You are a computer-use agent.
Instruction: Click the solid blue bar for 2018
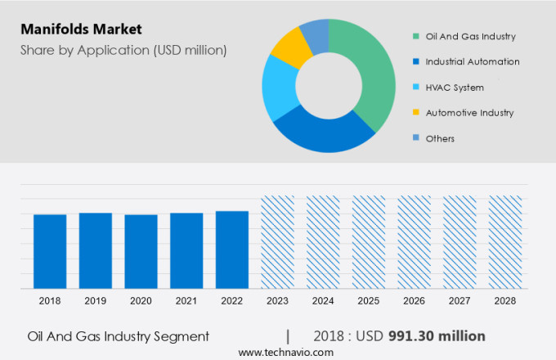pyautogui.click(x=50, y=251)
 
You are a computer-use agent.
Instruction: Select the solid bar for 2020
pyautogui.click(x=141, y=251)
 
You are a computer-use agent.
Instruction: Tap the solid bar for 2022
pyautogui.click(x=232, y=250)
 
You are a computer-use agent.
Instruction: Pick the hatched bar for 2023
pyautogui.click(x=277, y=242)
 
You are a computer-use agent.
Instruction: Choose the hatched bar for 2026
pyautogui.click(x=414, y=242)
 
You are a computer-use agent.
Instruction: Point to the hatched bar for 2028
pyautogui.click(x=504, y=242)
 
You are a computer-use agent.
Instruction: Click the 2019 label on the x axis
pyautogui.click(x=95, y=301)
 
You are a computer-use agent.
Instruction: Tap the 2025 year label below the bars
pyautogui.click(x=368, y=301)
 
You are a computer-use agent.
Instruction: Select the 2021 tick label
pyautogui.click(x=186, y=301)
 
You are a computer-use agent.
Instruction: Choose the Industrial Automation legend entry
pyautogui.click(x=473, y=61)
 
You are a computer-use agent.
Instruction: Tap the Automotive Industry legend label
pyautogui.click(x=469, y=112)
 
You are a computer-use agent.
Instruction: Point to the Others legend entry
pyautogui.click(x=440, y=138)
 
